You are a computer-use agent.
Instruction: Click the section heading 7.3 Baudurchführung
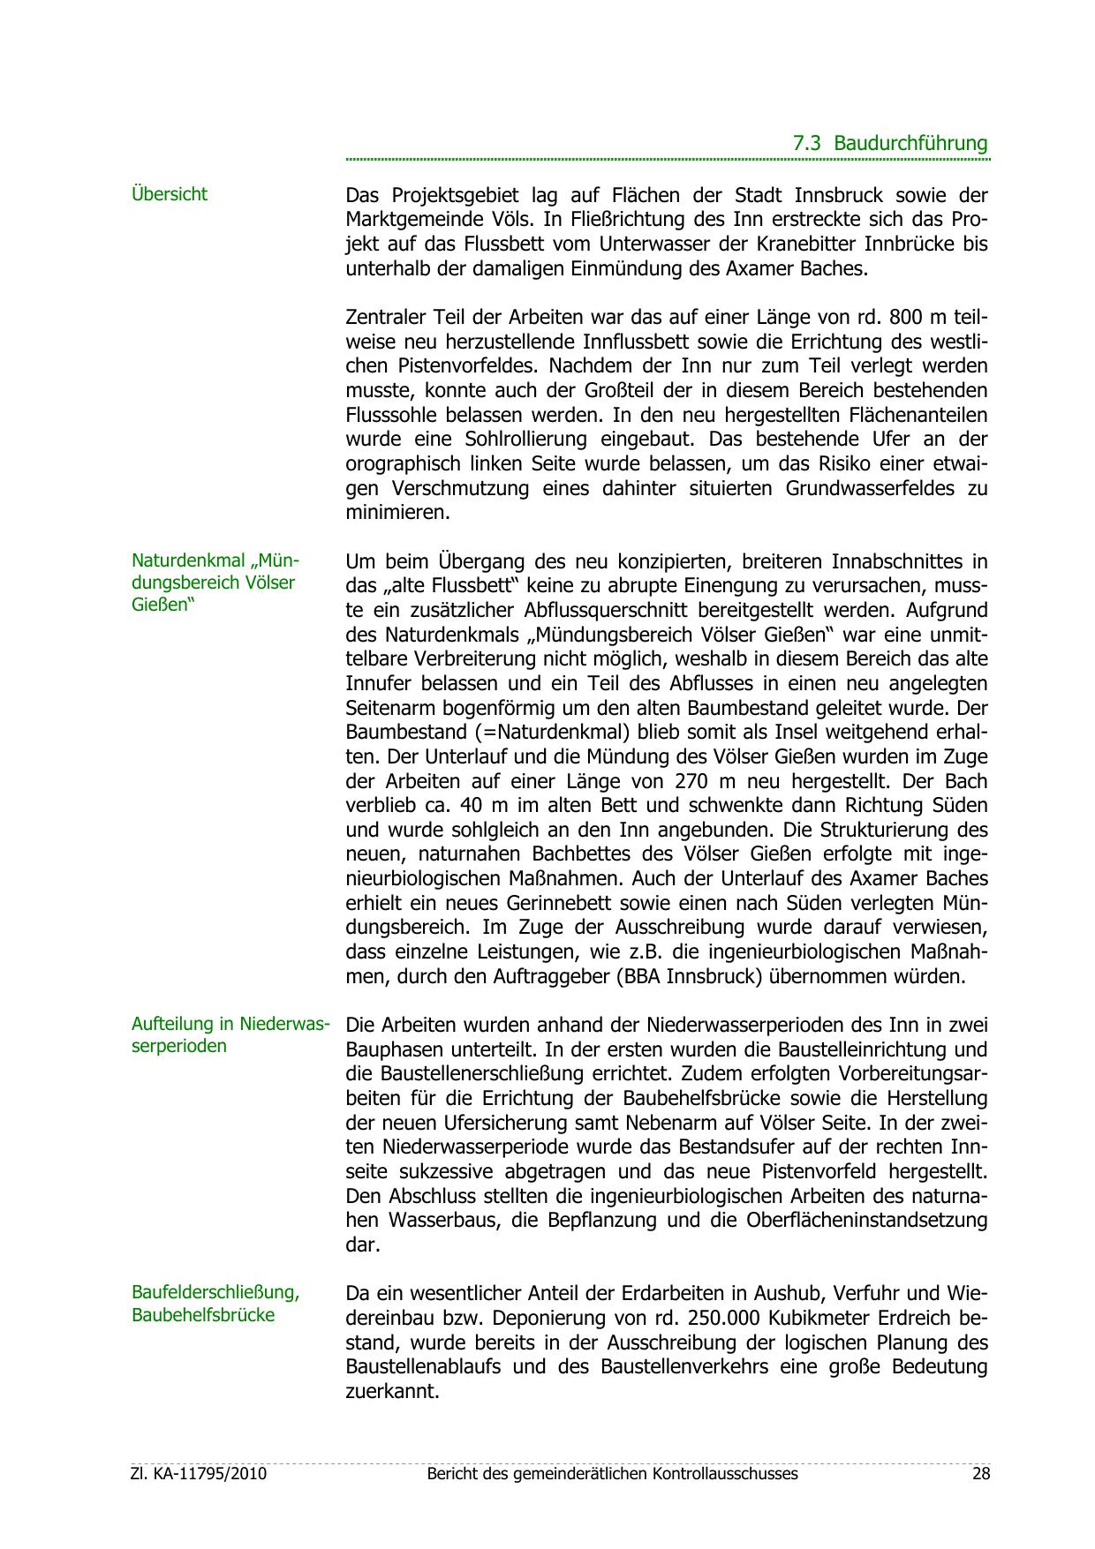(889, 143)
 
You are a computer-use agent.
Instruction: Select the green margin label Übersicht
(170, 194)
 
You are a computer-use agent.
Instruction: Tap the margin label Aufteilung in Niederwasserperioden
(230, 1035)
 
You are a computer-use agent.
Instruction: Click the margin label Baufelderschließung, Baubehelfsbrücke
(215, 1304)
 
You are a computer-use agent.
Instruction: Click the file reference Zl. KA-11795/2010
(198, 1474)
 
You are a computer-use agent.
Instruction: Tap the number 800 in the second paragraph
(907, 317)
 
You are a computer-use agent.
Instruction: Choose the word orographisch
(404, 463)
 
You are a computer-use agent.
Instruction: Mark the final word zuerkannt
(391, 1392)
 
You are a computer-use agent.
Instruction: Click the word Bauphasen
(391, 1050)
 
